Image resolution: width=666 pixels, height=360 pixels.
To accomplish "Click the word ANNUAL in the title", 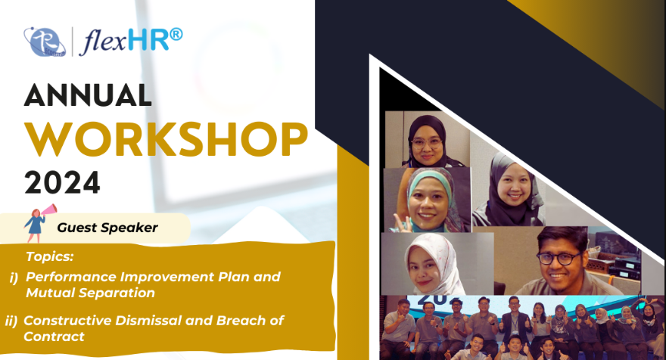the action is click(x=88, y=95).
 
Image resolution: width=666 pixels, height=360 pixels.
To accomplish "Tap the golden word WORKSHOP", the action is click(x=166, y=139).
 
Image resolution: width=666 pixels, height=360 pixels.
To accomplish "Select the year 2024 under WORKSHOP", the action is click(x=62, y=182).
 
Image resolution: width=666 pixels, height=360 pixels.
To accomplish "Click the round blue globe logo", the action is click(x=45, y=42).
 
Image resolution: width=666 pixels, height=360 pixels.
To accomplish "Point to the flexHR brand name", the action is click(x=131, y=41).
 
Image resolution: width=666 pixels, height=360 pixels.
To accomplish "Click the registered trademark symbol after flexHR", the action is click(x=176, y=35).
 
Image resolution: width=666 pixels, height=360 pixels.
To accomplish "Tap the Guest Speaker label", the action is click(x=107, y=228).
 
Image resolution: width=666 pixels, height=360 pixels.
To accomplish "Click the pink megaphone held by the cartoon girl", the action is click(x=49, y=209).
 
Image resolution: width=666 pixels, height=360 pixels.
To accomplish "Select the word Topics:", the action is click(x=50, y=256).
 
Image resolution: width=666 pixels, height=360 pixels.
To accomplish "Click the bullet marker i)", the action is click(x=14, y=278).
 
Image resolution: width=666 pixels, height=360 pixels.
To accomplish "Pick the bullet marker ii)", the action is click(x=11, y=321).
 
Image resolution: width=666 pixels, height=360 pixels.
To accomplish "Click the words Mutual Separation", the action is click(x=90, y=293).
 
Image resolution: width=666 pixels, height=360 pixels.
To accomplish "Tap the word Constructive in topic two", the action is click(x=67, y=320).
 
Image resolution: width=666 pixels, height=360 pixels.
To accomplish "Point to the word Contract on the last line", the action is click(x=54, y=337).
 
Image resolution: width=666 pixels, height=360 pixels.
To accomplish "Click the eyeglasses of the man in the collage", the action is click(x=559, y=258).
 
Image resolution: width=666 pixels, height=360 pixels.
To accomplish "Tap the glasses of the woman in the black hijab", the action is click(x=426, y=143).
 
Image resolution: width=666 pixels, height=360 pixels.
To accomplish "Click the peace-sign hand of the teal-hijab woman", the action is click(x=401, y=223).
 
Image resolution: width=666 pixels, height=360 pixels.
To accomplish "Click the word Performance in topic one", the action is click(x=71, y=277).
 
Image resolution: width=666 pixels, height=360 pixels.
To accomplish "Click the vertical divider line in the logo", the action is click(x=72, y=42).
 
